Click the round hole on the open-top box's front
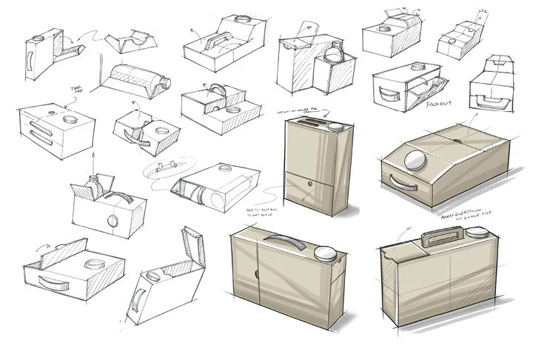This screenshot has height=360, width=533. coord(113,221)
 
